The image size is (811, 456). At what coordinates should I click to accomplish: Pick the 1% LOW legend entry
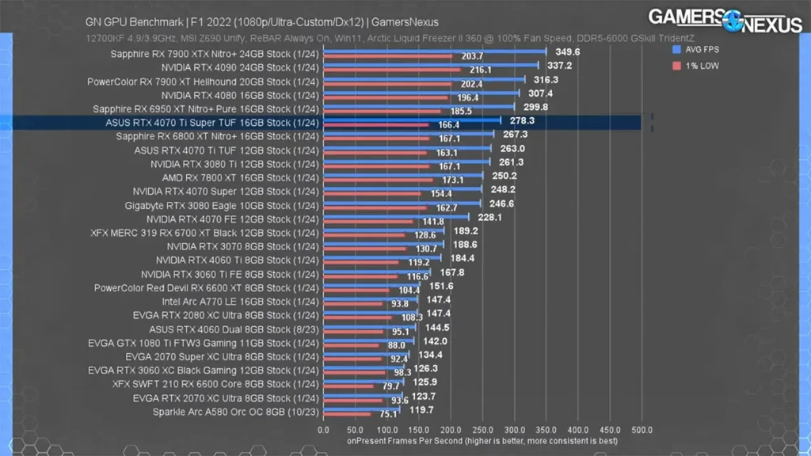click(x=697, y=66)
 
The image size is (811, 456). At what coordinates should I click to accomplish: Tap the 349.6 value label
click(x=568, y=51)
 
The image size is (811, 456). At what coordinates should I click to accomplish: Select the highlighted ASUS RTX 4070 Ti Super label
click(x=211, y=123)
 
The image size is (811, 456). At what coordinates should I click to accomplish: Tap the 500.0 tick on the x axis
click(x=642, y=430)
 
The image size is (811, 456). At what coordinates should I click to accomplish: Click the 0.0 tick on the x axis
click(x=323, y=430)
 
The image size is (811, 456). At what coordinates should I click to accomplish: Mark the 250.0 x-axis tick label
click(x=482, y=430)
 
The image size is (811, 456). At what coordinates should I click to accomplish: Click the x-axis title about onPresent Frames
click(x=482, y=441)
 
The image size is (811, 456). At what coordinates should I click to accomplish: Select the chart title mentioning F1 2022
click(x=261, y=23)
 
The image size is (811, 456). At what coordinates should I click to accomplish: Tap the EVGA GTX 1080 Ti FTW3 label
click(x=203, y=343)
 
